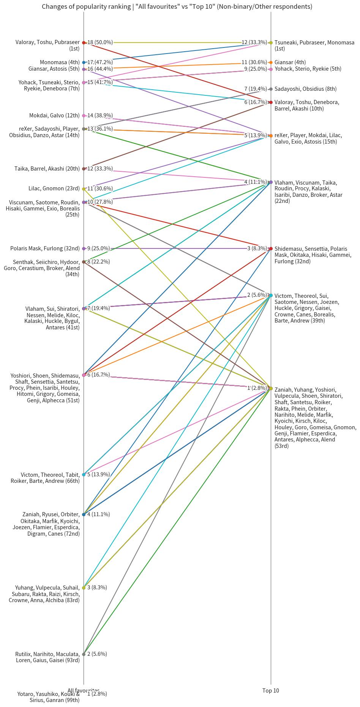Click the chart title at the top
[x=177, y=6]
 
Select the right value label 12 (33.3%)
[x=254, y=43]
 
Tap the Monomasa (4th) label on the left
[x=60, y=62]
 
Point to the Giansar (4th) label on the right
[x=290, y=62]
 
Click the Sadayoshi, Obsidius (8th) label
[x=305, y=89]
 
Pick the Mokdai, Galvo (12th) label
[x=54, y=115]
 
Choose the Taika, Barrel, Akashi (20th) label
[x=47, y=169]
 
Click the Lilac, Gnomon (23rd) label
[x=54, y=188]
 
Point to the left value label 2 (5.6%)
[x=97, y=654]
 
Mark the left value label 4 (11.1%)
[x=98, y=514]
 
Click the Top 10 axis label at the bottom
[x=270, y=690]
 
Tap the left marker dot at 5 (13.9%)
[x=84, y=474]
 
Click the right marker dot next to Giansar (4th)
[x=270, y=62]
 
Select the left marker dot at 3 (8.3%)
[x=84, y=587]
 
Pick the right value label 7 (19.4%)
[x=255, y=89]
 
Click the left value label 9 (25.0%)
[x=98, y=248]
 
